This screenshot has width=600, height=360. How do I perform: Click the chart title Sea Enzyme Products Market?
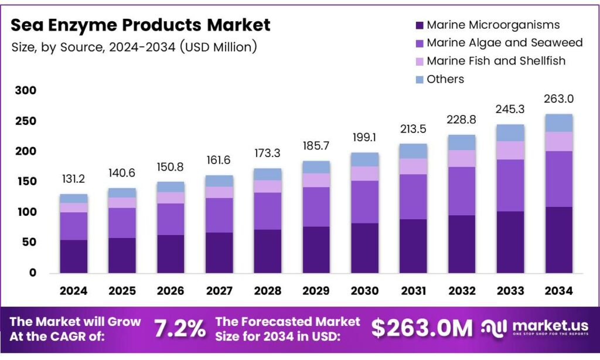click(x=141, y=25)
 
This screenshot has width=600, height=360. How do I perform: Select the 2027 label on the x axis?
click(x=219, y=291)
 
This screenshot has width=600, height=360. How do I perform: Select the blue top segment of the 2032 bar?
click(x=461, y=142)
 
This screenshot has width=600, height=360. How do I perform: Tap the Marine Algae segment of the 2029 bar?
click(x=315, y=206)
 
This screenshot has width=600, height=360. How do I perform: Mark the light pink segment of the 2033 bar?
click(x=509, y=150)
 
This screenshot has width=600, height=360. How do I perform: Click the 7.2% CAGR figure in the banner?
click(x=180, y=329)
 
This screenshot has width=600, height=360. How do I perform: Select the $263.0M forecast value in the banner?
click(x=421, y=329)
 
